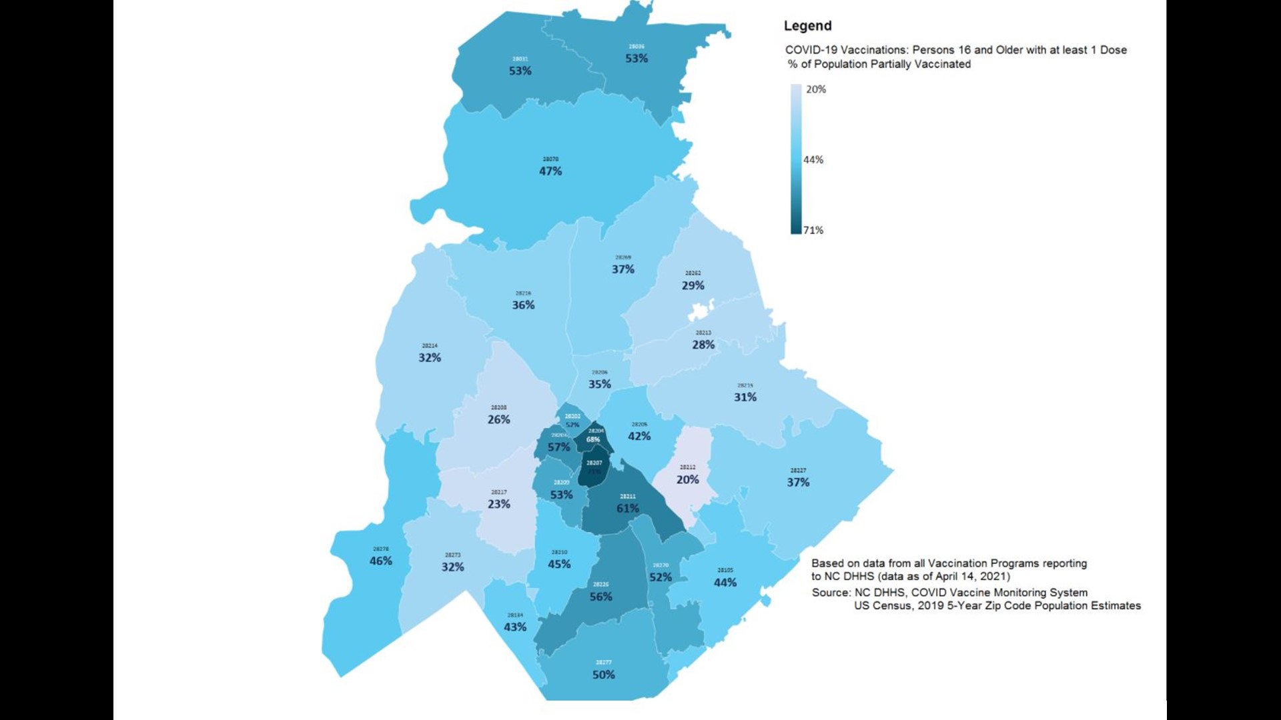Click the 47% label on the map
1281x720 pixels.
point(550,171)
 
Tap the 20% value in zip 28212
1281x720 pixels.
point(687,479)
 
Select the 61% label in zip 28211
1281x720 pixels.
point(627,508)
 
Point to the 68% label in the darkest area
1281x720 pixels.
point(593,439)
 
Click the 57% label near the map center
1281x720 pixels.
point(558,447)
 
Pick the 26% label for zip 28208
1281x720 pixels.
point(498,419)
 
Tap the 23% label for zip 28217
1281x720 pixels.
point(498,504)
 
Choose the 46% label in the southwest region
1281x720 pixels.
point(381,561)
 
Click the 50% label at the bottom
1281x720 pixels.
point(603,675)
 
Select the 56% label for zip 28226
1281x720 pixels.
point(600,597)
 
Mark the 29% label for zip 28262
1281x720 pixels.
point(693,285)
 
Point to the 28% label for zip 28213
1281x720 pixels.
point(703,345)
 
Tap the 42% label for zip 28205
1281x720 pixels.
point(639,436)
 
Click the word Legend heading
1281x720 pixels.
point(807,26)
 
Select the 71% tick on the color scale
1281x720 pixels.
point(813,230)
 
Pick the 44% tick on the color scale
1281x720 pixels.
point(813,160)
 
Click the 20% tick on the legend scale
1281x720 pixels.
point(815,89)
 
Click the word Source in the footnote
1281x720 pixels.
point(830,593)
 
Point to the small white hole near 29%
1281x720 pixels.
point(700,311)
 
